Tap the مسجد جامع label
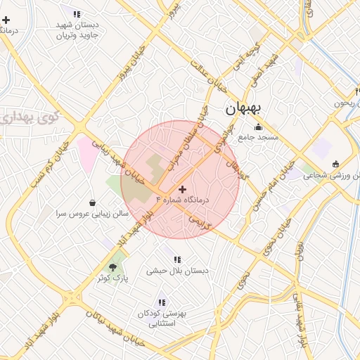click(x=259, y=137)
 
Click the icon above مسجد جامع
click(x=258, y=127)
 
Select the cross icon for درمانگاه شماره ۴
click(x=183, y=189)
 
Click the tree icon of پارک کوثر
click(x=112, y=267)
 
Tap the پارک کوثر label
click(x=112, y=278)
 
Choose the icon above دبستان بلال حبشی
click(x=177, y=259)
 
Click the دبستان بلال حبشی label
click(x=175, y=271)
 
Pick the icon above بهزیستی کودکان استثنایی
click(x=162, y=303)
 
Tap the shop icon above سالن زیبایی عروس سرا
click(x=93, y=202)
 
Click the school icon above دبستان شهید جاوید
click(x=77, y=13)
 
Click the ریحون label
click(x=347, y=103)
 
